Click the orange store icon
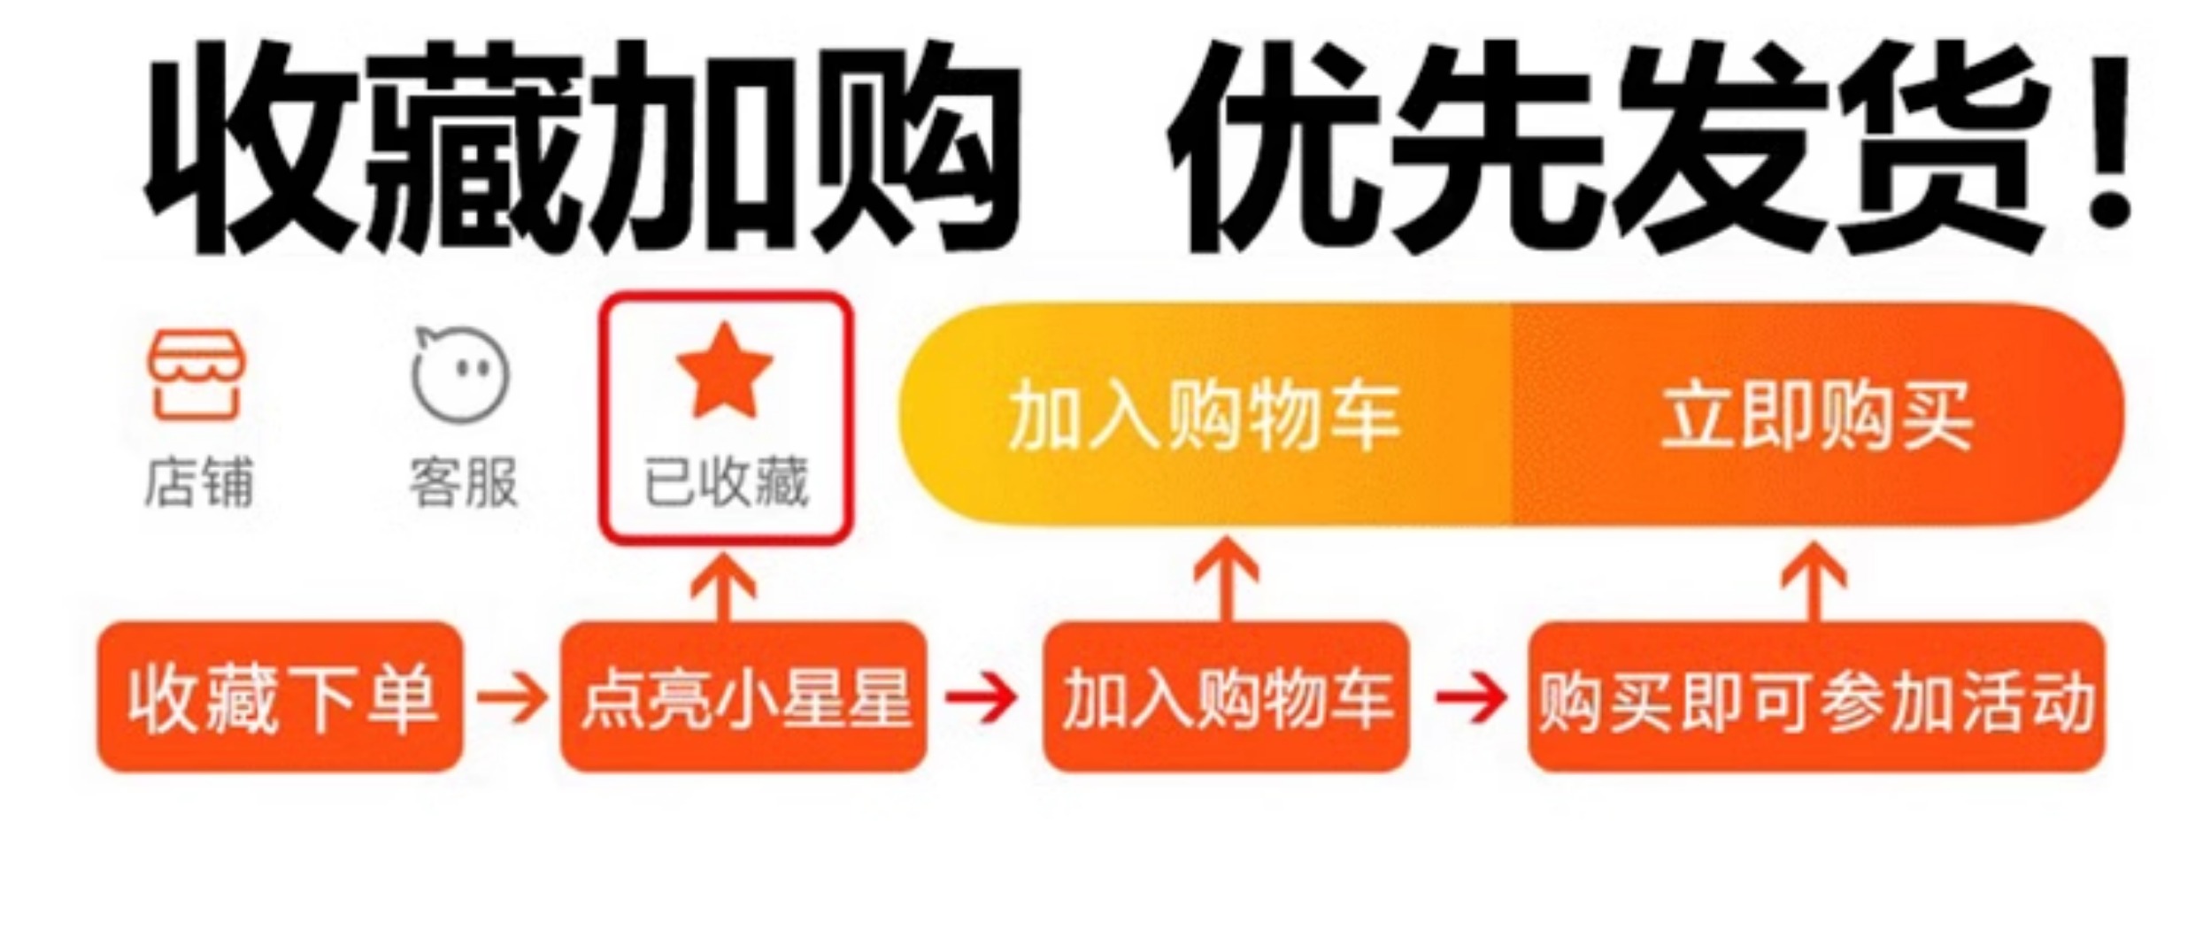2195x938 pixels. [x=196, y=375]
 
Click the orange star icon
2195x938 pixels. [x=724, y=372]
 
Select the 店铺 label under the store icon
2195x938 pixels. [x=198, y=483]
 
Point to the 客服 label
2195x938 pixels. [x=463, y=483]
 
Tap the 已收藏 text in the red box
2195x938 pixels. [x=726, y=483]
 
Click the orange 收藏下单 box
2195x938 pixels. [x=280, y=697]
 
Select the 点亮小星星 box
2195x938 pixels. [x=743, y=697]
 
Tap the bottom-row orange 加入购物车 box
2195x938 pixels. [x=1226, y=697]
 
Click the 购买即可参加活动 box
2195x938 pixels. [x=1816, y=697]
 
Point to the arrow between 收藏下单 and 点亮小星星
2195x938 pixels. [x=512, y=697]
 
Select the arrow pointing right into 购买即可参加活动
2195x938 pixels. [x=1469, y=697]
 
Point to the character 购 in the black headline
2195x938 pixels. [x=916, y=146]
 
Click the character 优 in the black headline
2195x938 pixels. [x=1275, y=146]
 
